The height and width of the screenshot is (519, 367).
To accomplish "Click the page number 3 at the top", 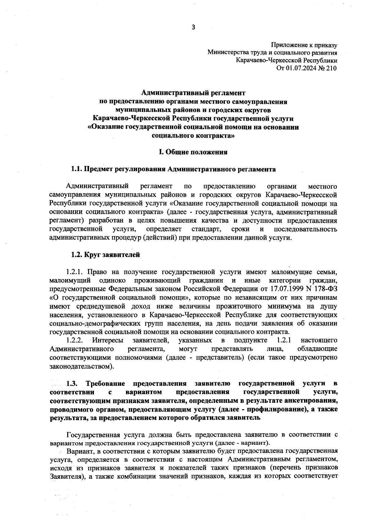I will (x=193, y=28).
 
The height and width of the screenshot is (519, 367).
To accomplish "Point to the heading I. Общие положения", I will (x=193, y=152).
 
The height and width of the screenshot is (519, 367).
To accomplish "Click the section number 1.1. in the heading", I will (x=77, y=169).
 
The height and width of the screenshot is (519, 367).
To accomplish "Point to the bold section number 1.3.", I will (x=73, y=383).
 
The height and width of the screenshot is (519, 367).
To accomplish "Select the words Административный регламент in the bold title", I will (x=193, y=92).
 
